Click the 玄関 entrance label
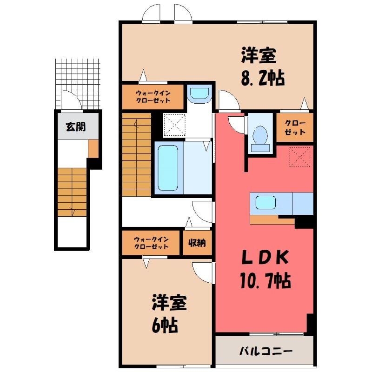tap(76, 127)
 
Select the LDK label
tap(265, 257)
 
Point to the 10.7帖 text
tap(266, 281)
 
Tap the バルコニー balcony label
tap(266, 351)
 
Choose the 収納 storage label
tap(197, 242)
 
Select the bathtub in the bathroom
tap(168, 168)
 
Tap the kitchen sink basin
tap(266, 203)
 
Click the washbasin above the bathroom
tap(199, 94)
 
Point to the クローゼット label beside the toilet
tap(295, 127)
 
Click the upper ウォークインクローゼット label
tap(153, 97)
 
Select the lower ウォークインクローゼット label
tap(151, 243)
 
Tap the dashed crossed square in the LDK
tap(300, 157)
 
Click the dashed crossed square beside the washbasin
tap(175, 125)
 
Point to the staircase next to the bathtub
tap(137, 154)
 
